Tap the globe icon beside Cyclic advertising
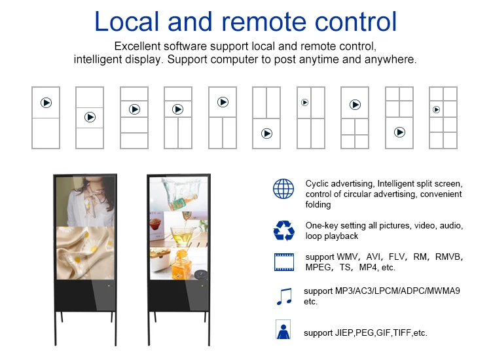283,189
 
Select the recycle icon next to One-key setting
283,230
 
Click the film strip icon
283,262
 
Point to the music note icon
283,296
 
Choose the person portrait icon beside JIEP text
283,331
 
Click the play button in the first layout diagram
46,103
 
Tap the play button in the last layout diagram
436,109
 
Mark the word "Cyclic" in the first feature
318,184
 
